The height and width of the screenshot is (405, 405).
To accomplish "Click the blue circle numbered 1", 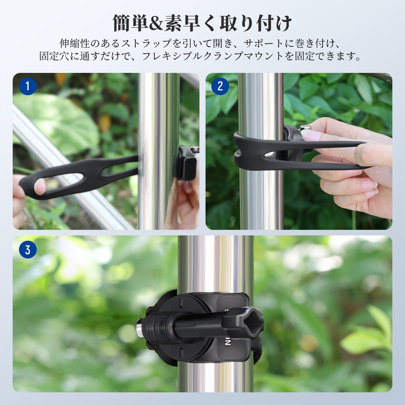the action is (28, 86).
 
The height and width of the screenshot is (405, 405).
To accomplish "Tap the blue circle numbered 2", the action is (220, 86).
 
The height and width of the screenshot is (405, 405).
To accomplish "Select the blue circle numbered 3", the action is (28, 250).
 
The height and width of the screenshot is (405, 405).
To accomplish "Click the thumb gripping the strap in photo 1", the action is (40, 186).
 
